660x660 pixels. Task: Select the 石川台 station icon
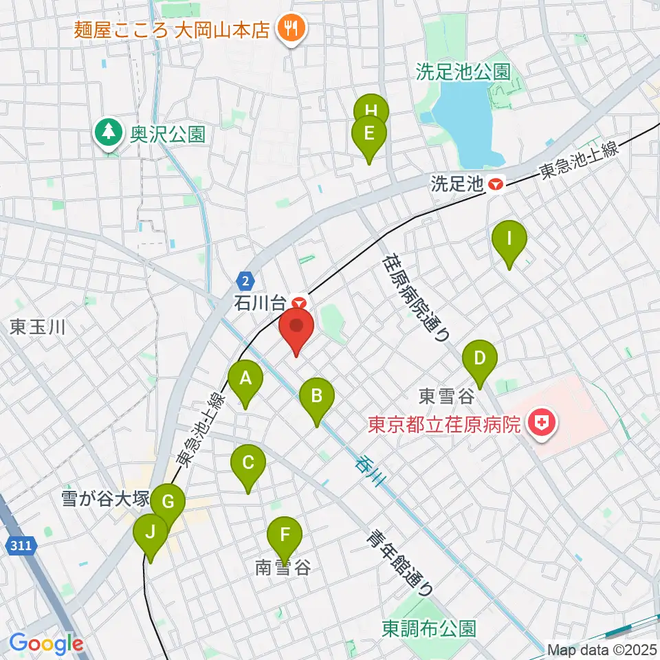298,302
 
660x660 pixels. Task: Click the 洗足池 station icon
494,184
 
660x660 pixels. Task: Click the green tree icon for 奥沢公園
108,132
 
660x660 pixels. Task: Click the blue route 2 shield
245,280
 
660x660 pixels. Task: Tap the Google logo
46,643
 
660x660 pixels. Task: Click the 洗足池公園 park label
463,71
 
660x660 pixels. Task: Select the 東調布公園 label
429,628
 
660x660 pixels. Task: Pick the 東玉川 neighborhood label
37,327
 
